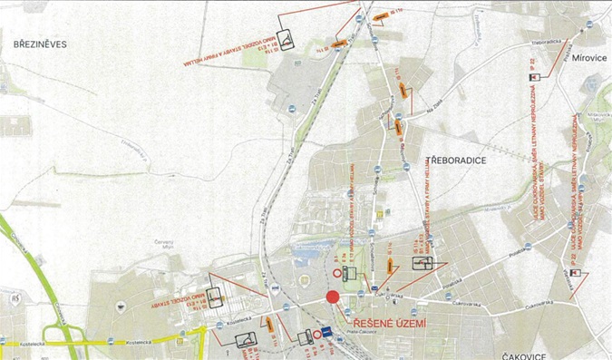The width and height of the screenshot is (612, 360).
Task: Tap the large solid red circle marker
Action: (332, 297)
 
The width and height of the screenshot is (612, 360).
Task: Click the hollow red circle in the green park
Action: (336, 273)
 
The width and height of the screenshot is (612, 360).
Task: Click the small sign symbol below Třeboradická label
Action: (533, 78)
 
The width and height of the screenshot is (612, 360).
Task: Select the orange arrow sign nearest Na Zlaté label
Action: (398, 125)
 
